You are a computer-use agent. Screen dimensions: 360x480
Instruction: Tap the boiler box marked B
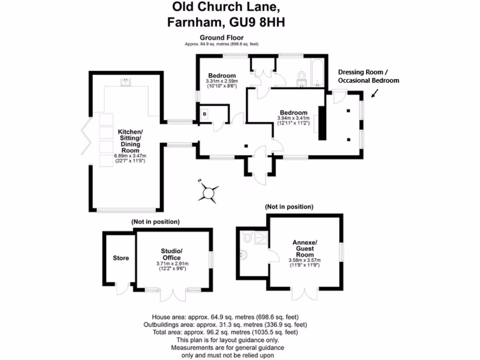coord(204,113)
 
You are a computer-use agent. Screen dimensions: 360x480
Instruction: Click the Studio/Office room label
coord(172,254)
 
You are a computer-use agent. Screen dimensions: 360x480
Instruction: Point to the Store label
coord(120,258)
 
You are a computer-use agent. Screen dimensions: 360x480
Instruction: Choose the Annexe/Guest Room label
coord(305,248)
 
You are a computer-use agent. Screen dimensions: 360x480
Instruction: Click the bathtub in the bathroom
coord(317,73)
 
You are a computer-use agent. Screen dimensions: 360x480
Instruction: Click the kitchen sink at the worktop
coord(125,82)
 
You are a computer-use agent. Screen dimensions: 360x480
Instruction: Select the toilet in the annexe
coord(247,237)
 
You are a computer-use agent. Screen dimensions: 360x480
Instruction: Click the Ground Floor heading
coord(222,37)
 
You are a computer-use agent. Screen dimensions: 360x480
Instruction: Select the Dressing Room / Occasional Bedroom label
coord(368,76)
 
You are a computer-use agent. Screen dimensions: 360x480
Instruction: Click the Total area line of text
coord(225,332)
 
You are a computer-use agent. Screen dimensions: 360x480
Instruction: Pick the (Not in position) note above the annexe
coord(289,206)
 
